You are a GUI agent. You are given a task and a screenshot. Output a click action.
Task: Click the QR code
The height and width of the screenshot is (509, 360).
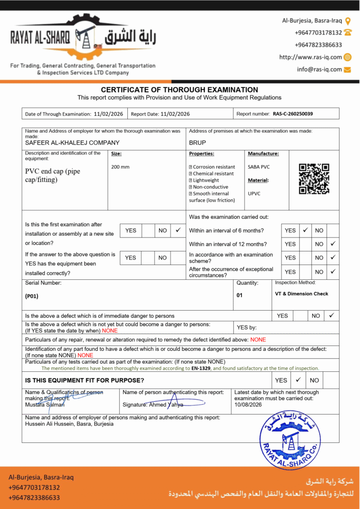click(314, 178)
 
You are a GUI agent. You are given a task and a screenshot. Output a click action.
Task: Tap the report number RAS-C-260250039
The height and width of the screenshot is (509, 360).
click(293, 114)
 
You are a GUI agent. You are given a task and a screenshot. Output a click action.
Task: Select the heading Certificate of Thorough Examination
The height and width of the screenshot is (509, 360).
click(180, 89)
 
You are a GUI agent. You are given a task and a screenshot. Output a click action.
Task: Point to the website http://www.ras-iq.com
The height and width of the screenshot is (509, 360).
click(310, 57)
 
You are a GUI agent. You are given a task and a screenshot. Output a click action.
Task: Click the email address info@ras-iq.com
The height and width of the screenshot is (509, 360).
click(319, 70)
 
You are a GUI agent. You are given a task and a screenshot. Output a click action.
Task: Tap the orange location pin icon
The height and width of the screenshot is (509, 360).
click(348, 21)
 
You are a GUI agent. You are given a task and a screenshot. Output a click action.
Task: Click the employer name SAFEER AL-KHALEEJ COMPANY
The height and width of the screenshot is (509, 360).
click(73, 143)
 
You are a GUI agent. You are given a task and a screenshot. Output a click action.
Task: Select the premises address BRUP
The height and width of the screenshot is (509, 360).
click(197, 143)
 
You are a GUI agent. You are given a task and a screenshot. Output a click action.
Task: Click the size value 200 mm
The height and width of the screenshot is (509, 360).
click(120, 167)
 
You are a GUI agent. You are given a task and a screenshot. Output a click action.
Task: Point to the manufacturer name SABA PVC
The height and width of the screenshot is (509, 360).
click(259, 167)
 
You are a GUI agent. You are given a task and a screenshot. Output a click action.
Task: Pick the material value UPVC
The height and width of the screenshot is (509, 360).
click(255, 193)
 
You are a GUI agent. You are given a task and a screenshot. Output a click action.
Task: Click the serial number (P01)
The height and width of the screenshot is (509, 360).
click(32, 296)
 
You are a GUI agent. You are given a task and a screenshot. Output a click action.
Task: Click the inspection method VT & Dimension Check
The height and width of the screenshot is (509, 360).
click(301, 294)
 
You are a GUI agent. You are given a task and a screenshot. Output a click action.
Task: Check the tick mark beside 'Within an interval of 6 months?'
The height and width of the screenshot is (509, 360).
click(306, 230)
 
